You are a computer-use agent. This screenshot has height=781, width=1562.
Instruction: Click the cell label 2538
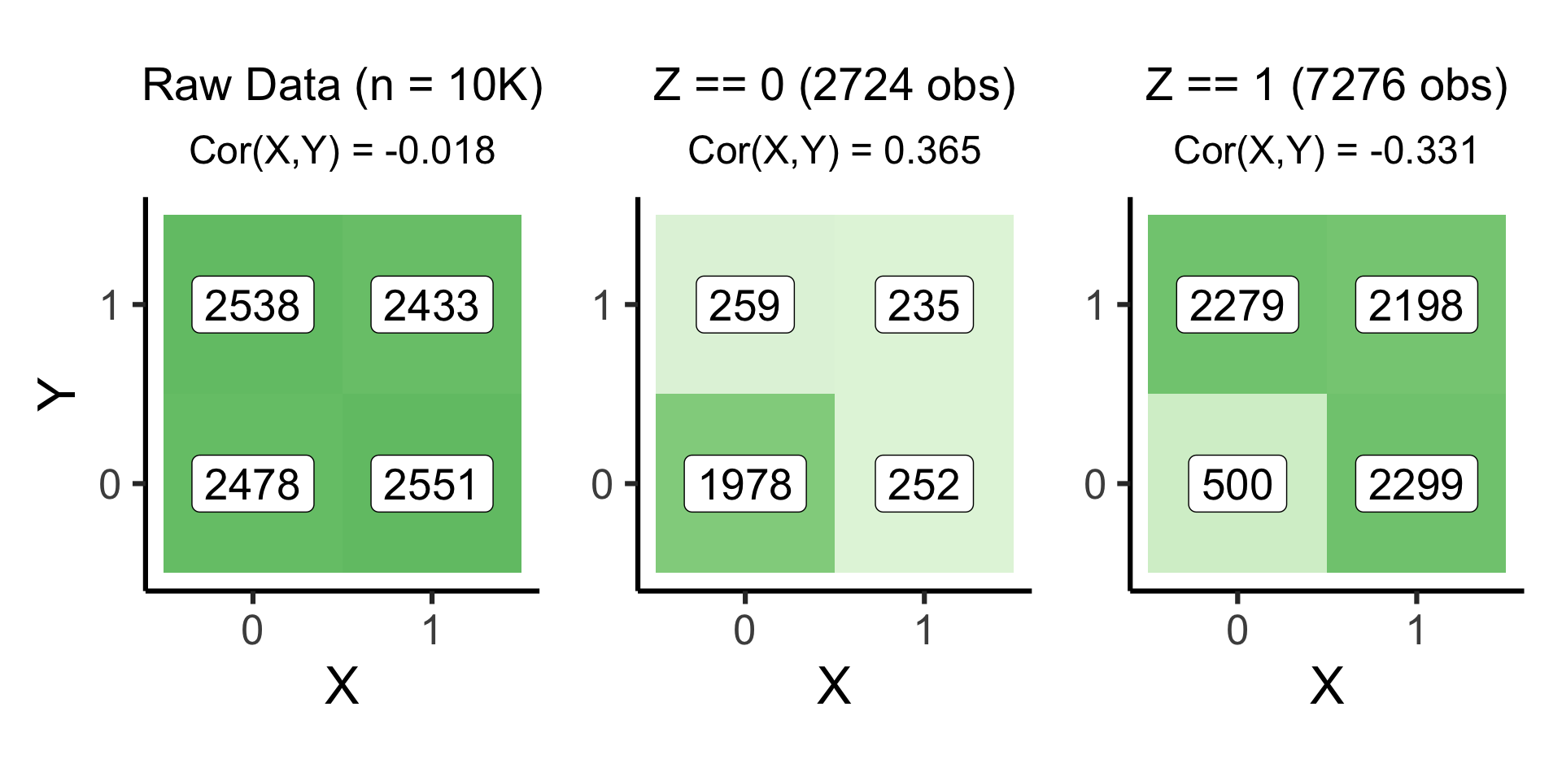pyautogui.click(x=252, y=305)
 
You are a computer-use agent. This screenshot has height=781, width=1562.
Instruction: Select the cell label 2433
pyautogui.click(x=431, y=305)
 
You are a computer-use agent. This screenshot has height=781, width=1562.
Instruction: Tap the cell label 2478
pyautogui.click(x=252, y=484)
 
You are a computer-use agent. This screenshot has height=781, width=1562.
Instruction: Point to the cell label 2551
pyautogui.click(x=431, y=484)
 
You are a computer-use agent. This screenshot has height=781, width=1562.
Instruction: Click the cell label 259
pyautogui.click(x=744, y=305)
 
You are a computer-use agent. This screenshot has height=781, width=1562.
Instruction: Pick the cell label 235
pyautogui.click(x=923, y=305)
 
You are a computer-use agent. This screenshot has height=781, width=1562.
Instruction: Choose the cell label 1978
pyautogui.click(x=744, y=484)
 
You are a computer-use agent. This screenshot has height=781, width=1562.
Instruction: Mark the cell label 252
pyautogui.click(x=923, y=484)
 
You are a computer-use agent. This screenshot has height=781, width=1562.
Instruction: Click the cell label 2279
pyautogui.click(x=1237, y=305)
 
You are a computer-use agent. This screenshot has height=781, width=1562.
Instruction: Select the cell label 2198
pyautogui.click(x=1416, y=305)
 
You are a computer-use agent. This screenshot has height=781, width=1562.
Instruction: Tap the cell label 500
pyautogui.click(x=1237, y=484)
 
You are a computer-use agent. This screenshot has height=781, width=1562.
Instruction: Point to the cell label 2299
pyautogui.click(x=1416, y=484)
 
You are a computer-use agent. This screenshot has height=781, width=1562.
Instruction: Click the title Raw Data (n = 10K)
pyautogui.click(x=343, y=85)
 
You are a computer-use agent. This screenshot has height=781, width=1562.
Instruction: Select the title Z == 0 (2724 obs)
pyautogui.click(x=835, y=85)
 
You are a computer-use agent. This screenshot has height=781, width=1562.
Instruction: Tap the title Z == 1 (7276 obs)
pyautogui.click(x=1327, y=85)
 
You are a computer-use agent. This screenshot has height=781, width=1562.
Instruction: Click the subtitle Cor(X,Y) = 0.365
pyautogui.click(x=835, y=151)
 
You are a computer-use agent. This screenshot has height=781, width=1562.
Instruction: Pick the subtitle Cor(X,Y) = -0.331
pyautogui.click(x=1327, y=151)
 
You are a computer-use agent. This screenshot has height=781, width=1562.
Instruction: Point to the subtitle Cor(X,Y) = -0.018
pyautogui.click(x=343, y=151)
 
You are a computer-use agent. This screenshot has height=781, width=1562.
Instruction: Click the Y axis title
pyautogui.click(x=57, y=395)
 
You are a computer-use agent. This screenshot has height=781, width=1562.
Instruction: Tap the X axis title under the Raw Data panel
pyautogui.click(x=342, y=686)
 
